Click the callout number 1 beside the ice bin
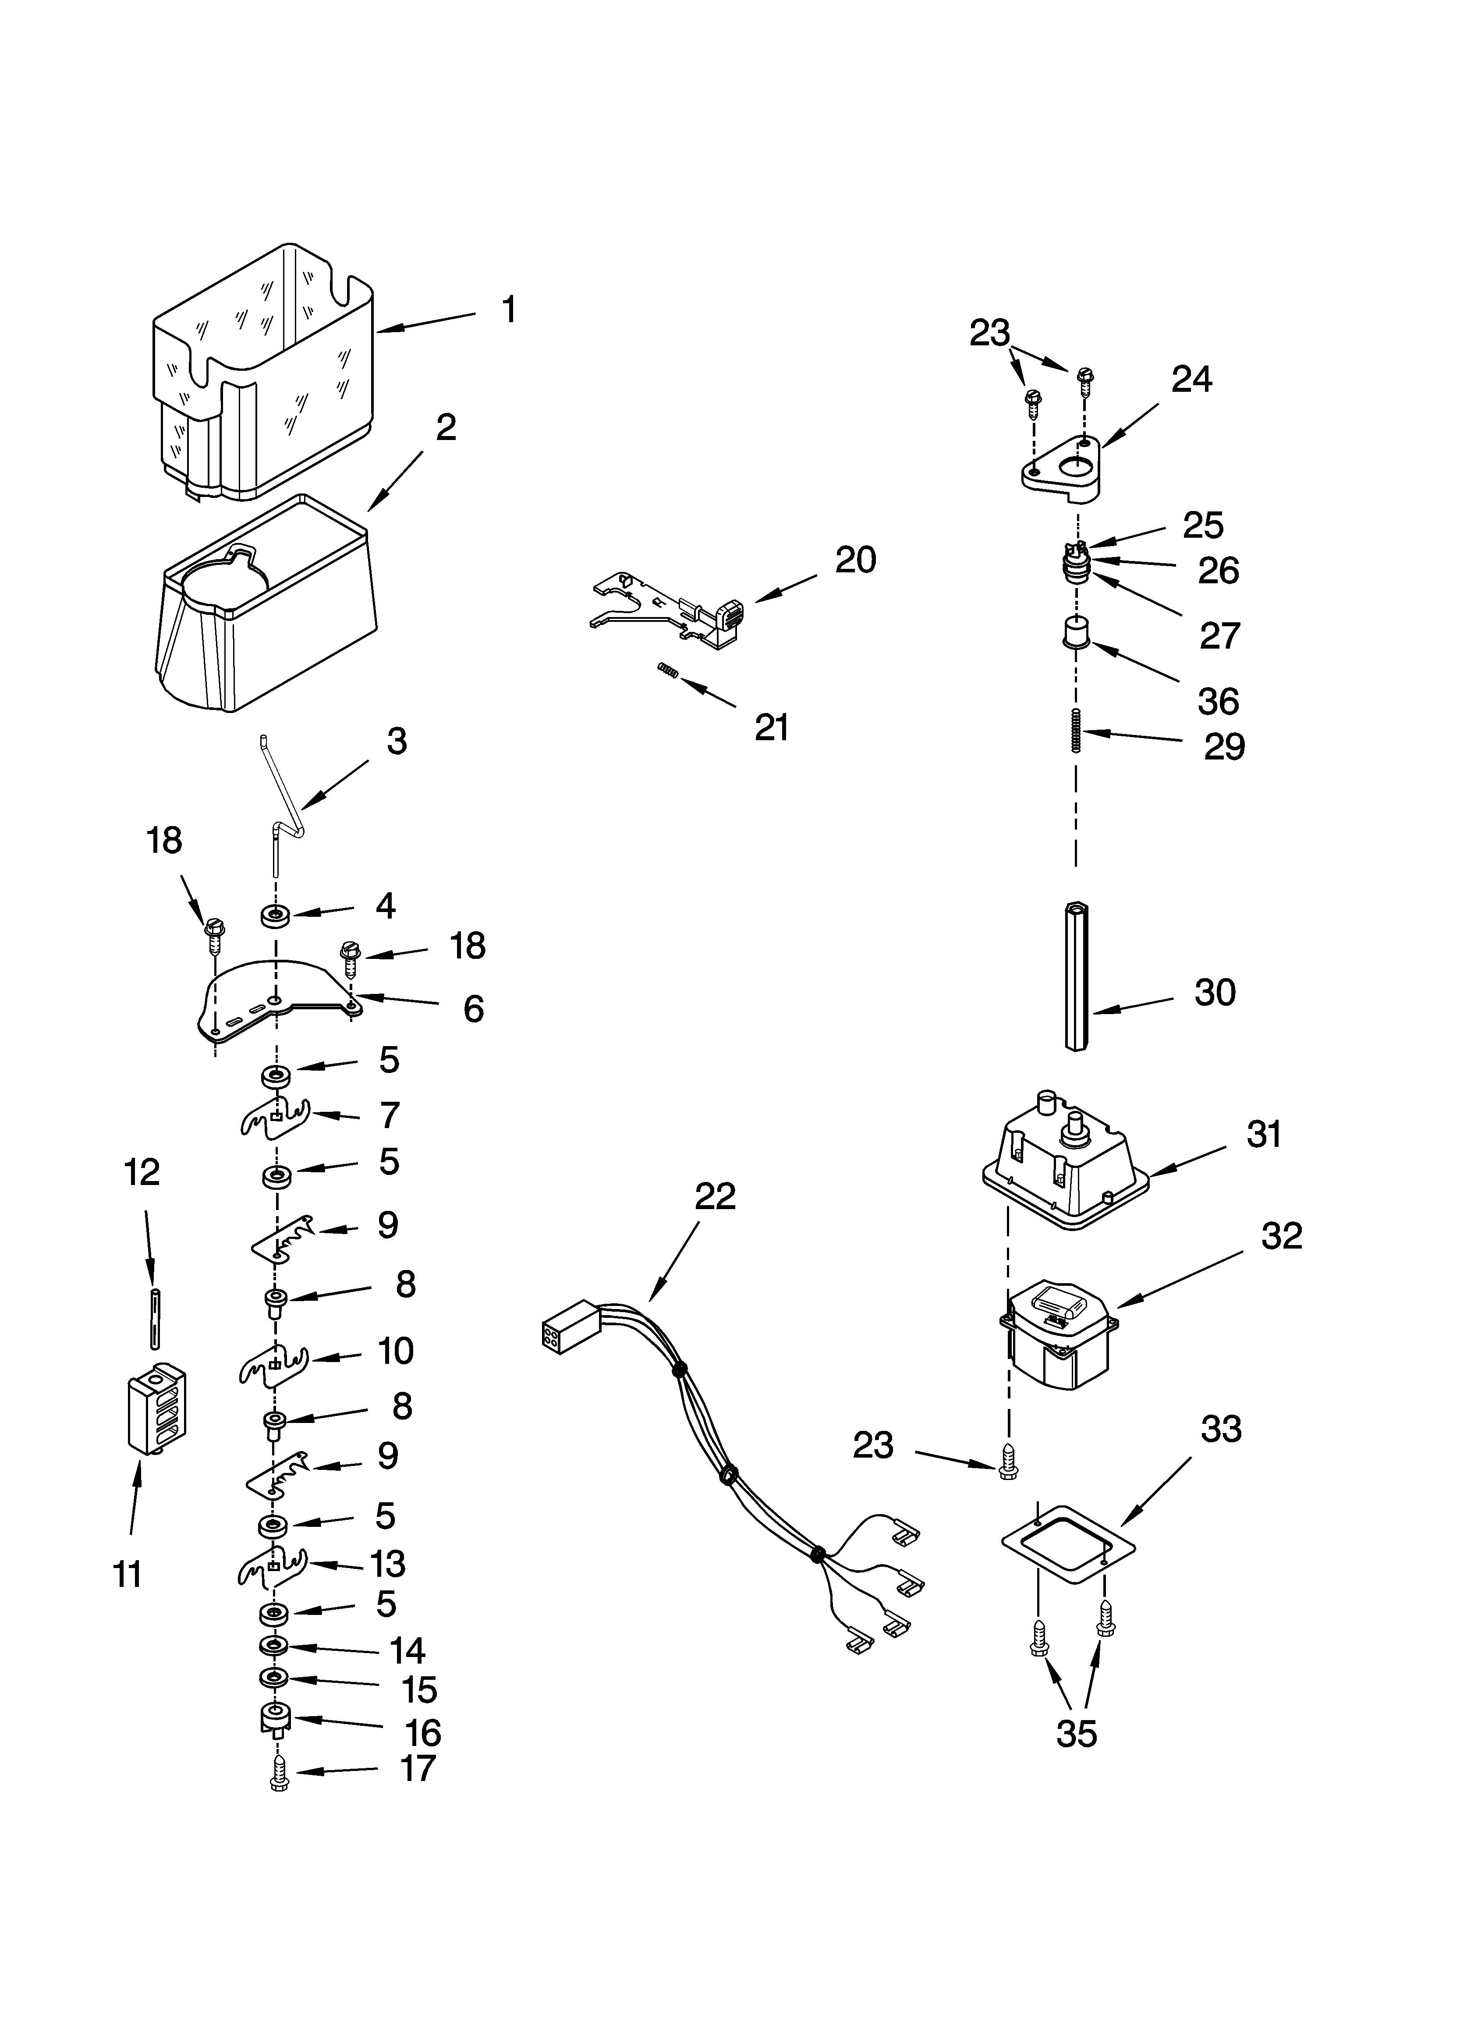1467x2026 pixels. [x=508, y=310]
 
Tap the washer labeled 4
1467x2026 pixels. [x=275, y=915]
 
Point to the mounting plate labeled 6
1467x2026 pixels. [x=268, y=1005]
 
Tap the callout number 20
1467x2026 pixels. [x=855, y=560]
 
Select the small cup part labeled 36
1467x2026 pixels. [x=1076, y=632]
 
